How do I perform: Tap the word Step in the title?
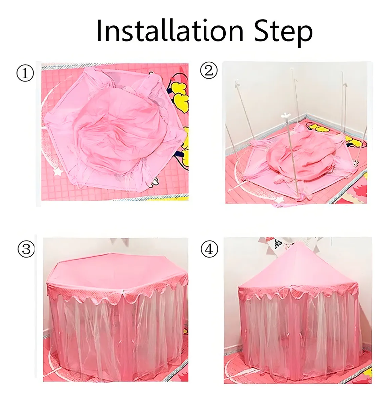point(283,32)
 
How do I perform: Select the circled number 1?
point(25,74)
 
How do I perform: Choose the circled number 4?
point(209,249)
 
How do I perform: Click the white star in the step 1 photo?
point(59,172)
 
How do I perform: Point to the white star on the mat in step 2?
point(279,200)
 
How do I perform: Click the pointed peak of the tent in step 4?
point(298,242)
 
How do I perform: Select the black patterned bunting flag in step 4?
point(278,243)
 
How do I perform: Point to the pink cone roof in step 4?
point(298,268)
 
